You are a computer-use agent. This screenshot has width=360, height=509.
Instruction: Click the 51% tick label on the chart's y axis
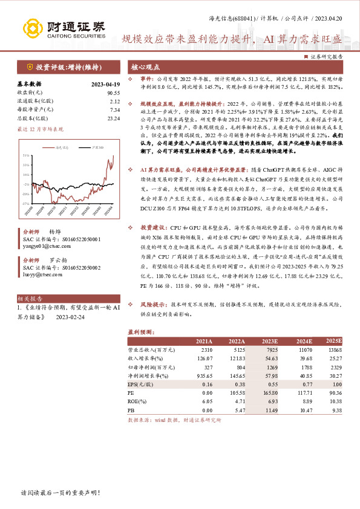(27, 155)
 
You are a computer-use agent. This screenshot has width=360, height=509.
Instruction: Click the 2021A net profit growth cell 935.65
(205, 375)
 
